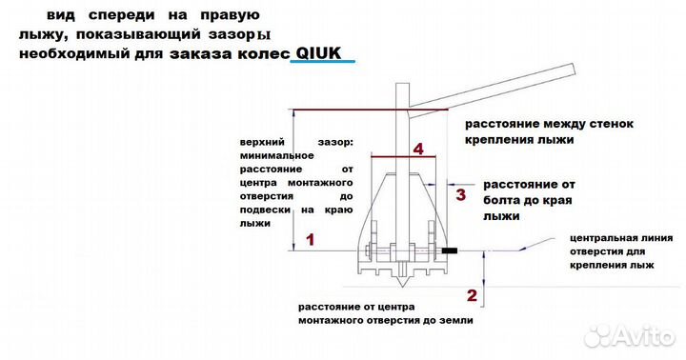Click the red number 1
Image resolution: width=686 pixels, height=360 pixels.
(x=308, y=240)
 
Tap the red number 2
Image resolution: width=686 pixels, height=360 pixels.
(x=471, y=292)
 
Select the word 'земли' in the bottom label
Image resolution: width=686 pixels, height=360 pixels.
(x=454, y=321)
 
